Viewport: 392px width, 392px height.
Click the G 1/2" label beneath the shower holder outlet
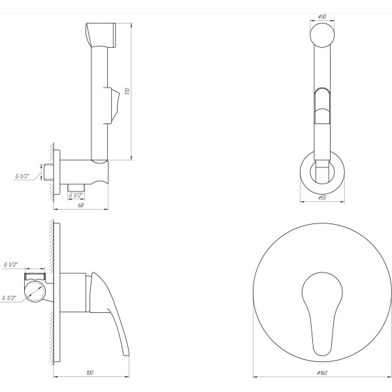[76, 195]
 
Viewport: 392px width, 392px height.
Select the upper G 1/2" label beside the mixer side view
[11, 264]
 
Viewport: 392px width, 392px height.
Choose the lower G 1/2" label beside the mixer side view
[11, 298]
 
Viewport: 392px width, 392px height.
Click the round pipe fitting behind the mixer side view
[35, 289]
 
